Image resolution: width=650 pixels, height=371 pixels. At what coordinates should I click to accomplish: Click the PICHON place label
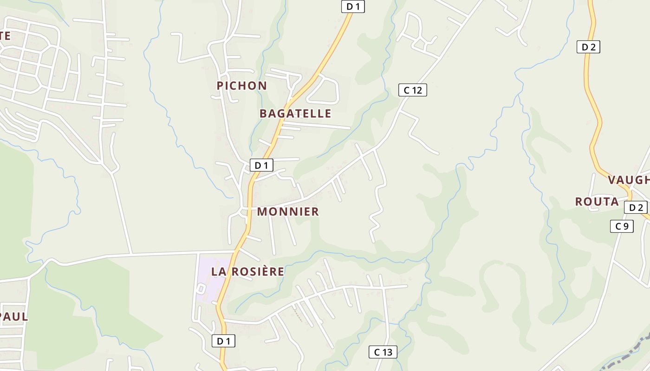(x=241, y=86)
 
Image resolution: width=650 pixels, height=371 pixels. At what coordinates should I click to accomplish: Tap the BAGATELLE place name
(x=295, y=114)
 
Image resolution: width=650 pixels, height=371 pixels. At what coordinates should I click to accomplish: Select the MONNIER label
(x=288, y=212)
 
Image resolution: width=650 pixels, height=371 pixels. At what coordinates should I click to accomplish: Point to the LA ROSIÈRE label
(x=247, y=272)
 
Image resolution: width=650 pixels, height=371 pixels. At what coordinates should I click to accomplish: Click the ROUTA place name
(x=597, y=202)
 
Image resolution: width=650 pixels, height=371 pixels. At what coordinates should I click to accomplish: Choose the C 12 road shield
(x=412, y=90)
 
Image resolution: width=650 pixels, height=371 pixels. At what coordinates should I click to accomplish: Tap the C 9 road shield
(x=622, y=226)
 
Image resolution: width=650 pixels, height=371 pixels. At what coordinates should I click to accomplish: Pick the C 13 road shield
(x=383, y=352)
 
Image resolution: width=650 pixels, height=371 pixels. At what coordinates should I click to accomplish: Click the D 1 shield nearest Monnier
(x=261, y=165)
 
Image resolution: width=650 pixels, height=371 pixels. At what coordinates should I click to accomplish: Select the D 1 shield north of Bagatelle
(x=353, y=6)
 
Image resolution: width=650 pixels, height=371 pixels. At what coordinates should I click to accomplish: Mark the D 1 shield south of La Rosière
(x=223, y=341)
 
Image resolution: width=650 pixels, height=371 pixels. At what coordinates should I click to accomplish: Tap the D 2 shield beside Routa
(x=636, y=208)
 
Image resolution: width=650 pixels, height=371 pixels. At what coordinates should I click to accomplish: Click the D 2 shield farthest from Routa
(x=588, y=47)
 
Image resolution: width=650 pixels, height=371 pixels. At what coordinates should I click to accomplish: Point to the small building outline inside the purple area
(x=201, y=288)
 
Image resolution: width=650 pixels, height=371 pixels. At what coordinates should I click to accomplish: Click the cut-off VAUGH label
(x=629, y=180)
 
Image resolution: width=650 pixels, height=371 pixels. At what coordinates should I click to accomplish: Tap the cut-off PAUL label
(x=14, y=317)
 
